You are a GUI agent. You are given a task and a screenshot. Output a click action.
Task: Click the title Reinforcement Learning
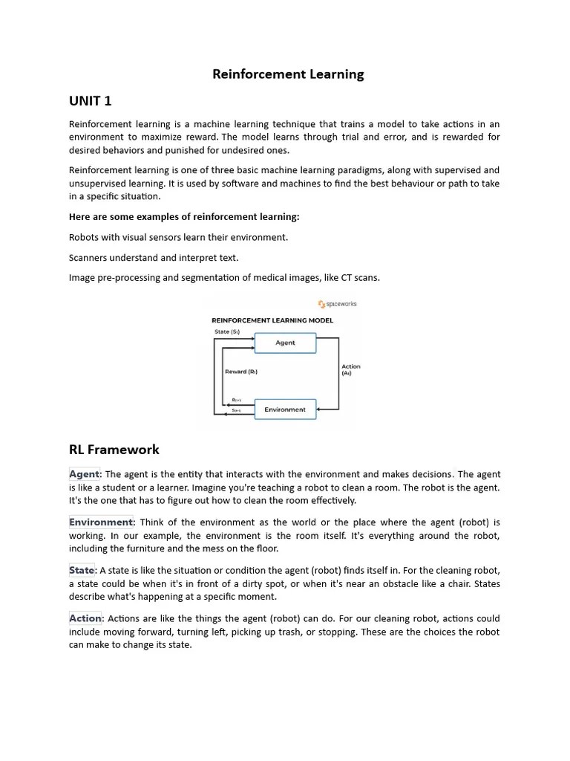click(288, 74)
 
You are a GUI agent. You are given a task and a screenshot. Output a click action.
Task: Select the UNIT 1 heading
click(90, 101)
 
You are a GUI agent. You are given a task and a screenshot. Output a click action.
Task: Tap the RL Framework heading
click(114, 450)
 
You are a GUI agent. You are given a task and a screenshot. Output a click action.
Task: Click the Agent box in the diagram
click(285, 343)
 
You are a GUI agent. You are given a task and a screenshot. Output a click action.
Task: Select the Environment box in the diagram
click(285, 409)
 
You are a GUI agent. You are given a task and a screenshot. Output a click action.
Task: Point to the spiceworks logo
click(337, 304)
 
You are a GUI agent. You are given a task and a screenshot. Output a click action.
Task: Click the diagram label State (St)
click(227, 331)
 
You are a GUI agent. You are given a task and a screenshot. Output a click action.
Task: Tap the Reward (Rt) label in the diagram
click(241, 372)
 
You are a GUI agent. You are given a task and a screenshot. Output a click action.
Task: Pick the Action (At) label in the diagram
click(350, 369)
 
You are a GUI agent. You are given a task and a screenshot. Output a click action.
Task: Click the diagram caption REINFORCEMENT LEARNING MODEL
click(272, 320)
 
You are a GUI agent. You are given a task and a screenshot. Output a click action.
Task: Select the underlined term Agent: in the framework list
click(85, 474)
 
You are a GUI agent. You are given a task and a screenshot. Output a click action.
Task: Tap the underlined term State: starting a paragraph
click(82, 571)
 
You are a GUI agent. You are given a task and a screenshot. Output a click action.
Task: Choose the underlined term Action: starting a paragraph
click(86, 618)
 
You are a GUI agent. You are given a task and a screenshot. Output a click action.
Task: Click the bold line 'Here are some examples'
click(184, 217)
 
